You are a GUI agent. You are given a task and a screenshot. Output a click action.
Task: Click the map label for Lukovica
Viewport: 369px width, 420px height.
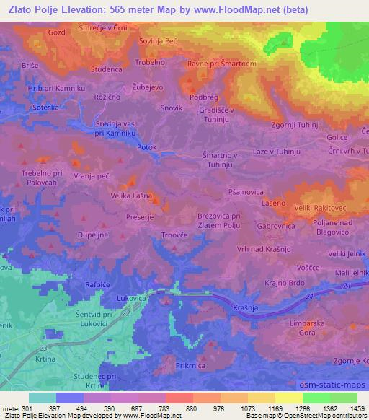133,297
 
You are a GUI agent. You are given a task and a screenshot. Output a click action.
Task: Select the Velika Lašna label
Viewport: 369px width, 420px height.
130,195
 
